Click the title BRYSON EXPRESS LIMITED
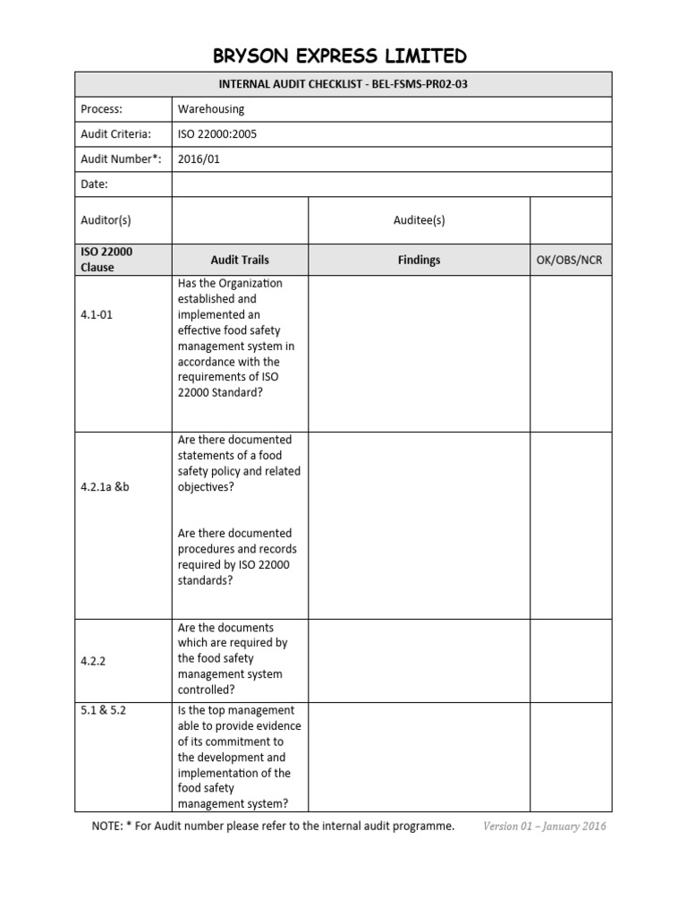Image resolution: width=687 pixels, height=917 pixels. tap(340, 56)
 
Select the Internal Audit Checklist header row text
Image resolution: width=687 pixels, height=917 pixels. tap(343, 84)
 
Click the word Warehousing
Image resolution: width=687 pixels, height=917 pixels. tap(211, 109)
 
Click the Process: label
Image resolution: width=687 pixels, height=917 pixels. tap(101, 109)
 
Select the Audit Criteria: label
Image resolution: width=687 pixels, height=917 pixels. tap(115, 134)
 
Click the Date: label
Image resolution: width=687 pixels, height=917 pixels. tap(94, 184)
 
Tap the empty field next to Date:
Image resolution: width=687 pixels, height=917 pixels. tap(392, 184)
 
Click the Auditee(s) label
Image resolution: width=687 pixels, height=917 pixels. tap(419, 220)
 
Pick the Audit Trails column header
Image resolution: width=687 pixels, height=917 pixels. tap(239, 260)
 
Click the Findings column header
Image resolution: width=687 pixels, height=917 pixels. tap(419, 260)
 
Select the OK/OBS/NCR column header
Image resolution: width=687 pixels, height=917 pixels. tap(571, 260)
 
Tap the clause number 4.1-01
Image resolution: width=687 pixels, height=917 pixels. tap(98, 315)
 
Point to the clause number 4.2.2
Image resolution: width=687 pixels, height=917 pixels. tap(94, 659)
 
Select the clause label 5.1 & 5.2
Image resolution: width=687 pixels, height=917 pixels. tap(107, 711)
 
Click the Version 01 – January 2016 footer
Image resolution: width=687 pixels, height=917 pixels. tap(544, 826)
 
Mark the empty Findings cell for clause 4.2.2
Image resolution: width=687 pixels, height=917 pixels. tap(419, 659)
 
